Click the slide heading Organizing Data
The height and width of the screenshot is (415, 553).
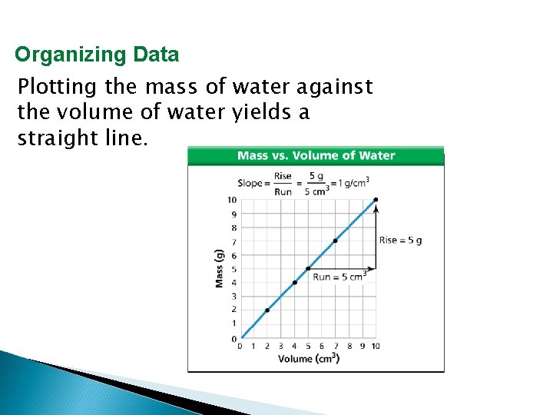click(97, 55)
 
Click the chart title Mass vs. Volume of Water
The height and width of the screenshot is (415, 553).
click(316, 155)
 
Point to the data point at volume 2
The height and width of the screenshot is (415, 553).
click(267, 310)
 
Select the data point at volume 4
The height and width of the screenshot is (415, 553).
click(295, 282)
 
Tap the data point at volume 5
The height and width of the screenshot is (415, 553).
click(308, 268)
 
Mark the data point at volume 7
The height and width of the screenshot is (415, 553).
click(335, 241)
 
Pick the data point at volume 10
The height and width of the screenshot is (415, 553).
click(376, 200)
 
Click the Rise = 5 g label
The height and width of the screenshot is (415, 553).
click(400, 240)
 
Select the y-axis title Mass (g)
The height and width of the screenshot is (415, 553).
click(219, 267)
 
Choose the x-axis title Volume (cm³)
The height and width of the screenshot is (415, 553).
click(308, 359)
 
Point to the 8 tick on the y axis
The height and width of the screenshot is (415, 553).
click(233, 227)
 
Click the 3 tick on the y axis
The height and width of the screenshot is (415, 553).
click(233, 296)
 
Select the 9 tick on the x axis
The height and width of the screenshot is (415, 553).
click(363, 347)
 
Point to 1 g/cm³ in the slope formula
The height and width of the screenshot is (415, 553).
click(351, 183)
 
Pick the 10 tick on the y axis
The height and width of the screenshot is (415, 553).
click(231, 200)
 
